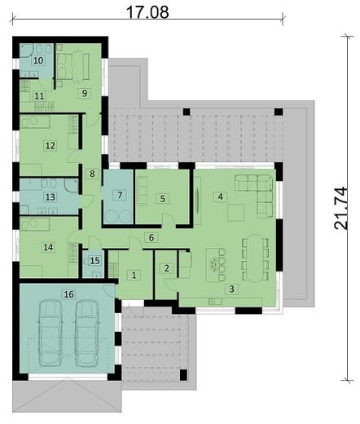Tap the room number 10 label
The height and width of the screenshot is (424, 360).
click(x=38, y=60)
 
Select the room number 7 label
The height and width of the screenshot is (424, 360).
click(x=120, y=195)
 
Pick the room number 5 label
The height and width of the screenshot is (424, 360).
click(x=162, y=198)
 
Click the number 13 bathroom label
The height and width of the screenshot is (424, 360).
click(x=50, y=197)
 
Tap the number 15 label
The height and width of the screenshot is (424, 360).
click(x=94, y=261)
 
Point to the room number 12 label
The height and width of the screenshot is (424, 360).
click(x=50, y=146)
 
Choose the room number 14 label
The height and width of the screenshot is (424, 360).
click(x=48, y=247)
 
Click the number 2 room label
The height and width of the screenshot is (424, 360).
click(x=166, y=268)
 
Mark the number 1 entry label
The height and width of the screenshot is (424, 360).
click(x=133, y=275)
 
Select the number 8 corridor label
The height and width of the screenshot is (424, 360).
click(x=93, y=173)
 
